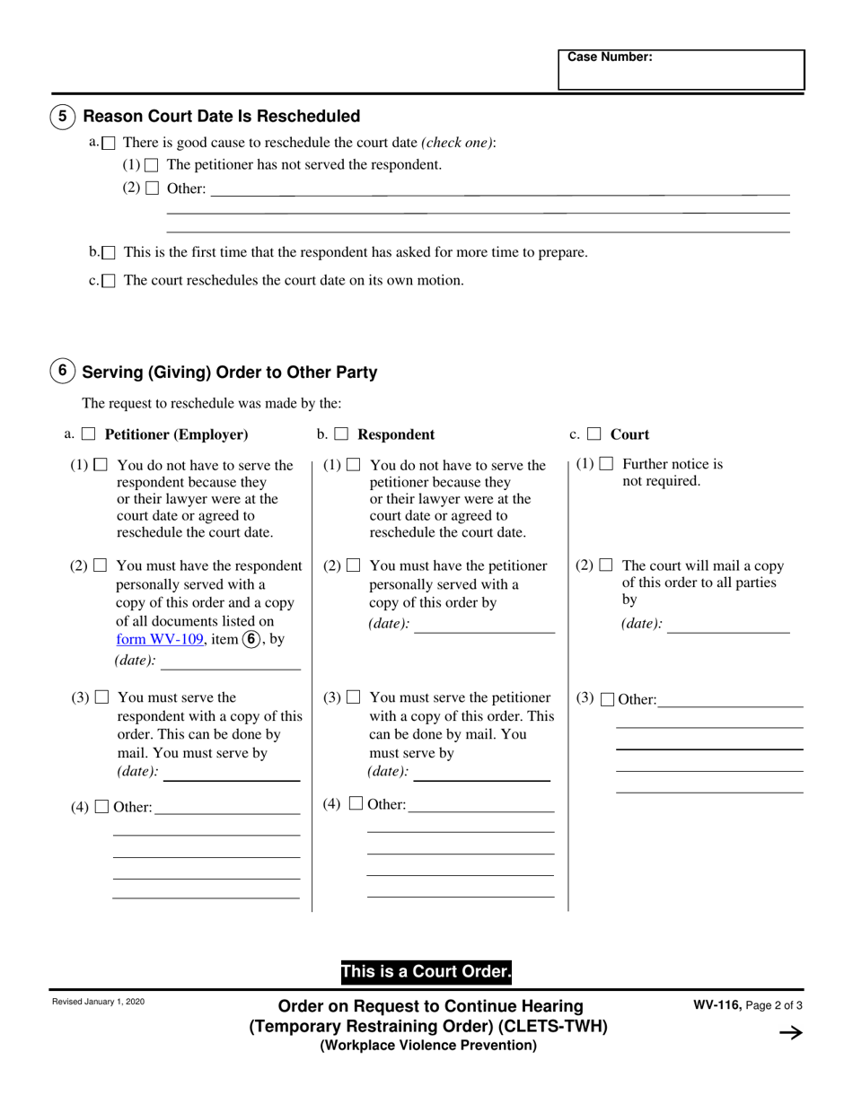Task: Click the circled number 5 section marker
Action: [62, 117]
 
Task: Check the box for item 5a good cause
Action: [109, 143]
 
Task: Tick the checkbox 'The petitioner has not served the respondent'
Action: [152, 165]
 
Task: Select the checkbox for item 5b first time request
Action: [109, 253]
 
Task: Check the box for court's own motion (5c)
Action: [109, 281]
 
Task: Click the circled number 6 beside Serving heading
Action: [62, 371]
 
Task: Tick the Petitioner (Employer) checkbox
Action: [89, 434]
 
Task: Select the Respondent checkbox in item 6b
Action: [341, 434]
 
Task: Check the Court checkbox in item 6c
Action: [594, 434]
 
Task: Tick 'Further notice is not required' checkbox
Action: [607, 464]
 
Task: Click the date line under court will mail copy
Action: [728, 625]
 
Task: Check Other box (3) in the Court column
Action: [607, 699]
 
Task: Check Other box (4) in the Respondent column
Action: [356, 804]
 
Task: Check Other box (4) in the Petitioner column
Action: [102, 807]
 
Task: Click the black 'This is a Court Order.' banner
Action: [426, 972]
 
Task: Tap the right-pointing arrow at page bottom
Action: [790, 1033]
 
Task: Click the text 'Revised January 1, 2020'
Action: [98, 1002]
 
